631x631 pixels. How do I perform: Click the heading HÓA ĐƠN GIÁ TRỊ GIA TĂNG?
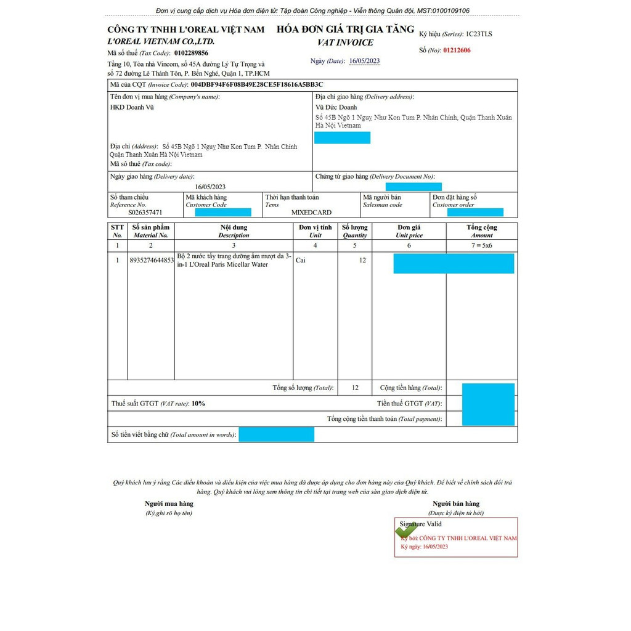pos(345,30)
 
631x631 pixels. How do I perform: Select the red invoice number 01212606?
pos(457,51)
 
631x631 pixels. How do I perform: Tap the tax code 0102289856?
pos(191,53)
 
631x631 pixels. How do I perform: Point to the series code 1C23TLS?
pos(479,35)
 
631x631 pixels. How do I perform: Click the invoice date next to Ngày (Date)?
pos(364,61)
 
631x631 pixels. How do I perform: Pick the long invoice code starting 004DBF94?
pos(257,84)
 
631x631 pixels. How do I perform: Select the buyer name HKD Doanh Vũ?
pos(132,107)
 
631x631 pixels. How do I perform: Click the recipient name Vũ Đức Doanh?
pos(336,107)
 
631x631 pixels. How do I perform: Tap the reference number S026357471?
pos(146,212)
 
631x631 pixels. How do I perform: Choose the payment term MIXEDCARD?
pos(311,212)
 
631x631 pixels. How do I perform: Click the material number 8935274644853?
pos(152,260)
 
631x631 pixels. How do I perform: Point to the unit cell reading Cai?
pos(301,260)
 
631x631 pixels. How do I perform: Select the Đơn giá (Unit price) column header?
pos(409,231)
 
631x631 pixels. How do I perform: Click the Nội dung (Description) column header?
pos(234,231)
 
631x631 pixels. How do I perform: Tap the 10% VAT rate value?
pos(198,404)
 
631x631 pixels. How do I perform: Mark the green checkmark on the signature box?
pos(406,530)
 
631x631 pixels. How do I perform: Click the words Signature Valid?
pos(420,524)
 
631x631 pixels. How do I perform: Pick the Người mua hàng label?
pos(169,503)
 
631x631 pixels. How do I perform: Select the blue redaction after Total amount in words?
pos(276,434)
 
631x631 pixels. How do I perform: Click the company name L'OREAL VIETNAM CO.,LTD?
pos(161,41)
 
